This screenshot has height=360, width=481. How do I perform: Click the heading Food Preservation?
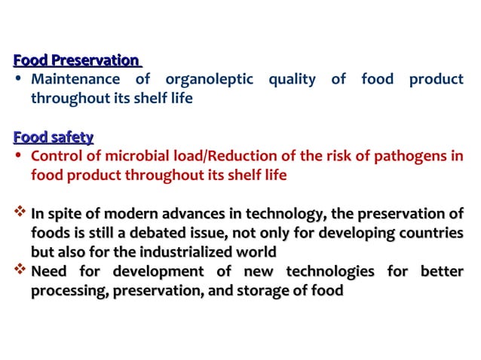77,60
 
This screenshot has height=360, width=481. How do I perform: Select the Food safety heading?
53,137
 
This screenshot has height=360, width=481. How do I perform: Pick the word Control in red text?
55,157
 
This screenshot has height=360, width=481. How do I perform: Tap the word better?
443,271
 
